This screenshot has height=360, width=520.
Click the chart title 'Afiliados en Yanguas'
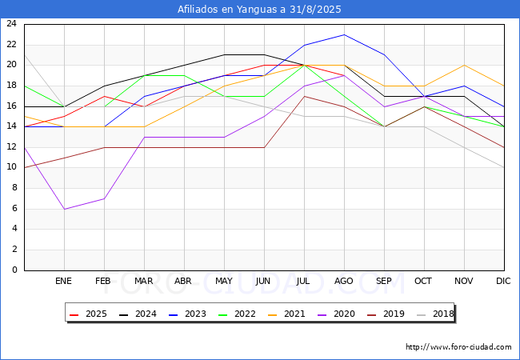tap(229, 10)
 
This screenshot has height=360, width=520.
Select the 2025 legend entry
tap(88, 314)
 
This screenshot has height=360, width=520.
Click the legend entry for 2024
tap(138, 314)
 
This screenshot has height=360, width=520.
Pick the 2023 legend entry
tap(187, 314)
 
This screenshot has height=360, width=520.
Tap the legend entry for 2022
tap(237, 314)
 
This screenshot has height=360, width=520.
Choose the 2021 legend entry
tap(286, 314)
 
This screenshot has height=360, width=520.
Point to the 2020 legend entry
tap(336, 314)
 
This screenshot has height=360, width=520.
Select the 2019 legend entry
tap(386, 314)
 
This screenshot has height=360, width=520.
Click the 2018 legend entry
tap(435, 314)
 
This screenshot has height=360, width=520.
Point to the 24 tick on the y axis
tap(12, 23)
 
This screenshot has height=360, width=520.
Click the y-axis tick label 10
tap(12, 167)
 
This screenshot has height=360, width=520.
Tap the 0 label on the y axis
tap(14, 270)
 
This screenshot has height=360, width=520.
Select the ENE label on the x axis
tap(63, 281)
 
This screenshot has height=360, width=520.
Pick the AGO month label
tap(343, 281)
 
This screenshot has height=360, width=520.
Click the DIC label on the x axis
tap(503, 281)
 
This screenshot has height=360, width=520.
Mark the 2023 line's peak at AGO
tap(345, 34)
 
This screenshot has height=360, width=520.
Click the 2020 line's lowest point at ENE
tap(64, 209)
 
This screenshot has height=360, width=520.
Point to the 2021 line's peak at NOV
tap(464, 66)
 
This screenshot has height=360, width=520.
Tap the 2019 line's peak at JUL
tap(305, 96)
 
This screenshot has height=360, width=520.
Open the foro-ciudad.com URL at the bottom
tap(458, 347)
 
